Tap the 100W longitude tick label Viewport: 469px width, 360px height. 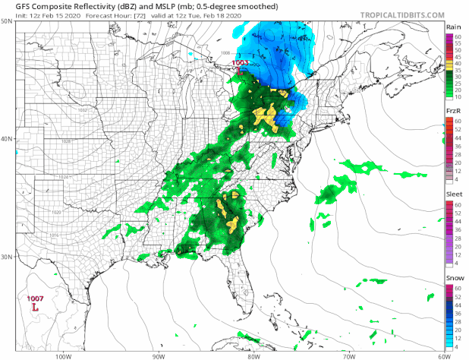(63, 354)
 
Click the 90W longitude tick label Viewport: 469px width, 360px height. (158, 354)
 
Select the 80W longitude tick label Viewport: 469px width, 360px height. (253, 354)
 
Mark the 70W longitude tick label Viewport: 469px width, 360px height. (348, 354)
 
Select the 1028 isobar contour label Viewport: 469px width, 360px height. (67, 141)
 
